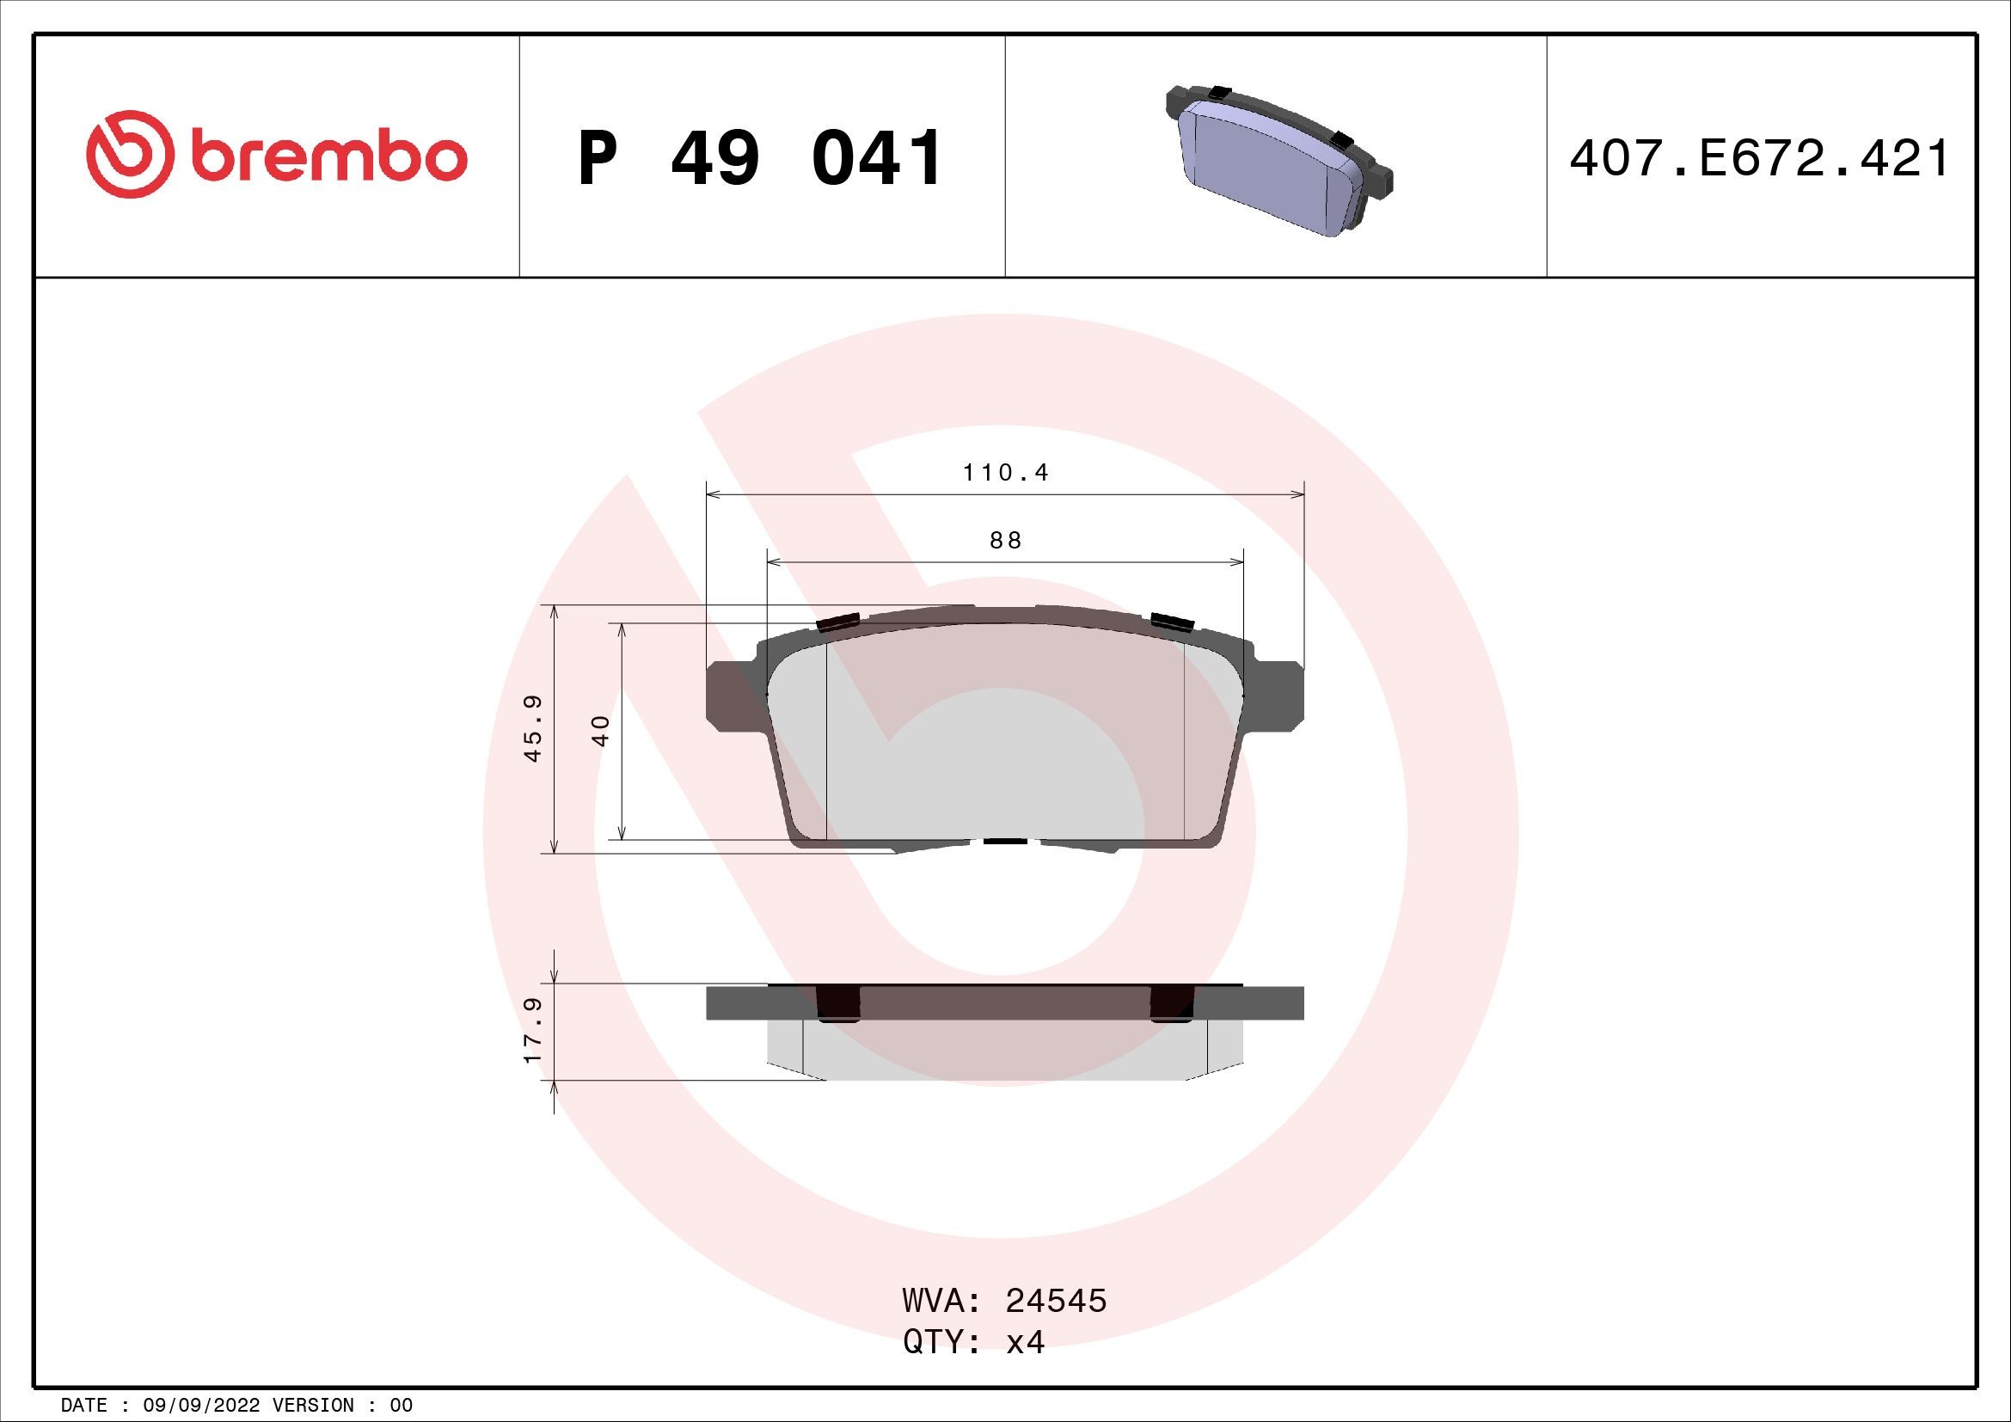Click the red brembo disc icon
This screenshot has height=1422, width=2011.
126,153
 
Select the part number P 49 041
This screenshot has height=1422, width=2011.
760,158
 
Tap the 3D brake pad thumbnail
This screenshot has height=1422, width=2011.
1278,162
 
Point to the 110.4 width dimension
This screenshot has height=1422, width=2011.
1006,473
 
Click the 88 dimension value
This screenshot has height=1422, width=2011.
1006,540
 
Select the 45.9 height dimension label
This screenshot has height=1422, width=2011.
532,728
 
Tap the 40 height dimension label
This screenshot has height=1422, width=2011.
601,729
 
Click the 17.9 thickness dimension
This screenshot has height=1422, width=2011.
532,1031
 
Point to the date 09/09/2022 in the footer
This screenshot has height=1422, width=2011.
200,1406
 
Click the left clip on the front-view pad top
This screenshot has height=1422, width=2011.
835,622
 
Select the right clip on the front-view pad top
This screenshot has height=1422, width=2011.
1173,622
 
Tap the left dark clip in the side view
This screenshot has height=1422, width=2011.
838,1002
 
